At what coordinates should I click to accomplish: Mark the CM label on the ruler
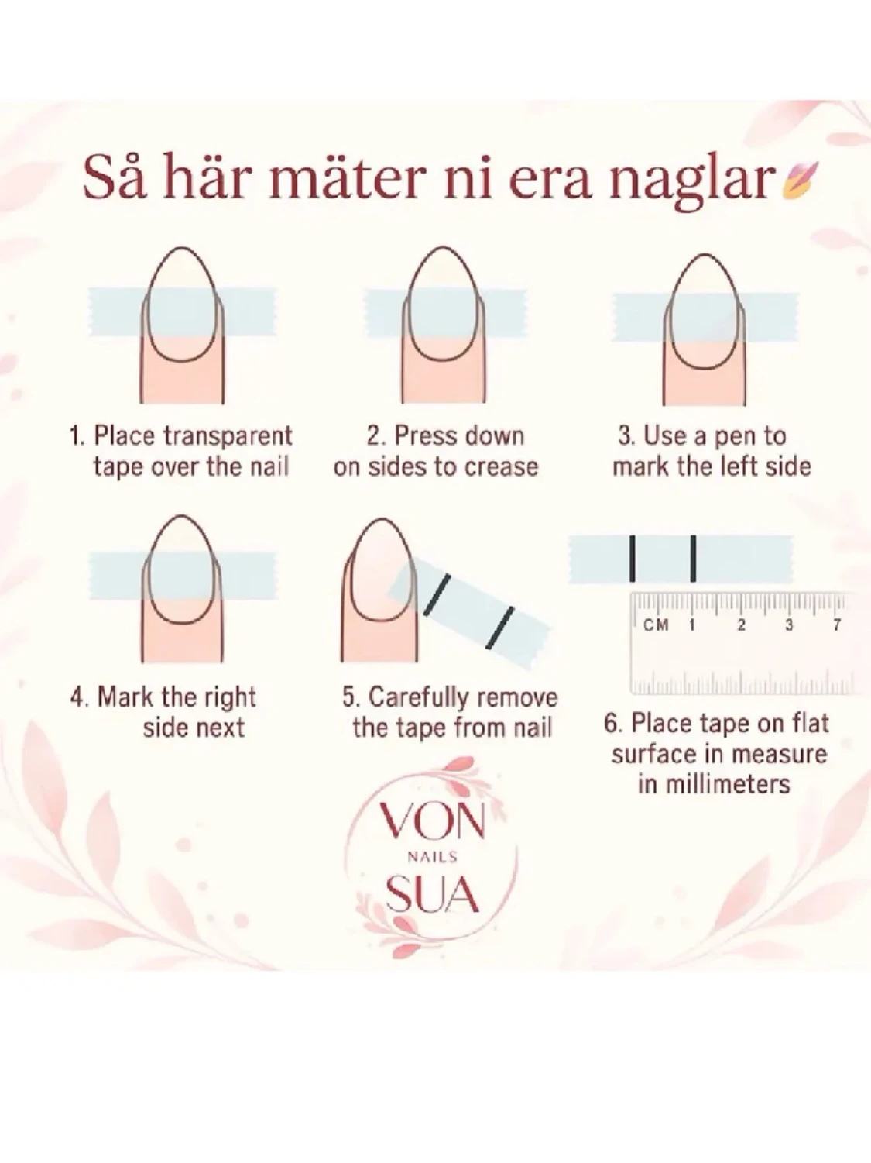[x=656, y=625]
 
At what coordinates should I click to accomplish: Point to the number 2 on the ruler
[x=741, y=625]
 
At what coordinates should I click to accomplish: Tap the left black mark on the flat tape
[x=633, y=559]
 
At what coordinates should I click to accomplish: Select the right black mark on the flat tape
[x=693, y=559]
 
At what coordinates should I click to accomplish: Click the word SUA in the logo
[x=433, y=894]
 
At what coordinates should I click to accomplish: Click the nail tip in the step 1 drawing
[x=182, y=248]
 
